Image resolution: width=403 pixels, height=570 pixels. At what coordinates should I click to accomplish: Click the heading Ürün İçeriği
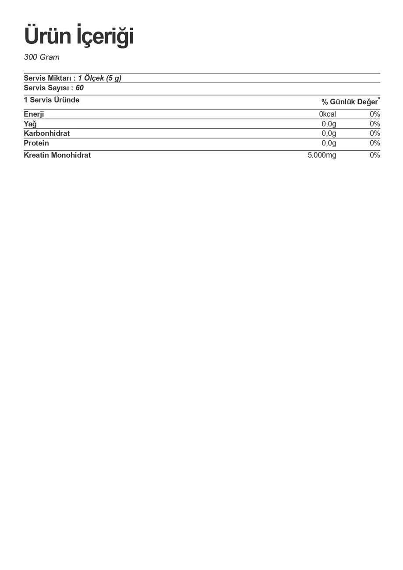pyautogui.click(x=79, y=36)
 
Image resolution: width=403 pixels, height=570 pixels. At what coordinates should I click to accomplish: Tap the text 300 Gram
pyautogui.click(x=42, y=57)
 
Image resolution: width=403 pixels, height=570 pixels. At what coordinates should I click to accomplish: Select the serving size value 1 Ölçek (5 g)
pyautogui.click(x=100, y=78)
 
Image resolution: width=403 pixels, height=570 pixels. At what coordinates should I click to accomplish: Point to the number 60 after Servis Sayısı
pyautogui.click(x=79, y=88)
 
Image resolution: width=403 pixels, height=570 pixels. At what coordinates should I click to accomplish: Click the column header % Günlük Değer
pyautogui.click(x=349, y=102)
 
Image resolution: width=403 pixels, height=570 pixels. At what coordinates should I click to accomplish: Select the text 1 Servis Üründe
pyautogui.click(x=52, y=100)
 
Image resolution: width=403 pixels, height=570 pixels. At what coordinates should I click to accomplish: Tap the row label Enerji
pyautogui.click(x=34, y=114)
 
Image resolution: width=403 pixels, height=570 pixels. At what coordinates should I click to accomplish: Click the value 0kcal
pyautogui.click(x=327, y=114)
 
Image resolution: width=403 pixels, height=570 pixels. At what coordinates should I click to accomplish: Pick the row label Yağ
pyautogui.click(x=30, y=124)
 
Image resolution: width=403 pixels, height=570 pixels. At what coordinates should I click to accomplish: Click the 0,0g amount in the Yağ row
pyautogui.click(x=329, y=124)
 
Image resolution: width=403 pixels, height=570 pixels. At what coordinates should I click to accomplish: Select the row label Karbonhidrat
pyautogui.click(x=46, y=133)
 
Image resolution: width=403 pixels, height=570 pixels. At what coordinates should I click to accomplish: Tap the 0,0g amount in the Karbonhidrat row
pyautogui.click(x=329, y=133)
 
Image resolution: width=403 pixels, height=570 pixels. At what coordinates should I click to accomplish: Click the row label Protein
pyautogui.click(x=36, y=143)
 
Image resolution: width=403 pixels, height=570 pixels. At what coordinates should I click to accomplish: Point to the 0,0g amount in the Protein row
pyautogui.click(x=329, y=143)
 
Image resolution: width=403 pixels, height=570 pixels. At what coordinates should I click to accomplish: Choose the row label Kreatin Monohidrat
pyautogui.click(x=57, y=155)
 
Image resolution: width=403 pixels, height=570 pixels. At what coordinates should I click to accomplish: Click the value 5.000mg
pyautogui.click(x=322, y=155)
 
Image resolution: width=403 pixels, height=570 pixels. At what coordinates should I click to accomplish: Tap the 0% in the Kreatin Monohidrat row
pyautogui.click(x=375, y=155)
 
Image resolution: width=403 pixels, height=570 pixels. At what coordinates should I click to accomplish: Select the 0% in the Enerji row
pyautogui.click(x=375, y=114)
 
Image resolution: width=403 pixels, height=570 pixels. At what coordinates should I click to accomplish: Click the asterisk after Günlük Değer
pyautogui.click(x=379, y=99)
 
